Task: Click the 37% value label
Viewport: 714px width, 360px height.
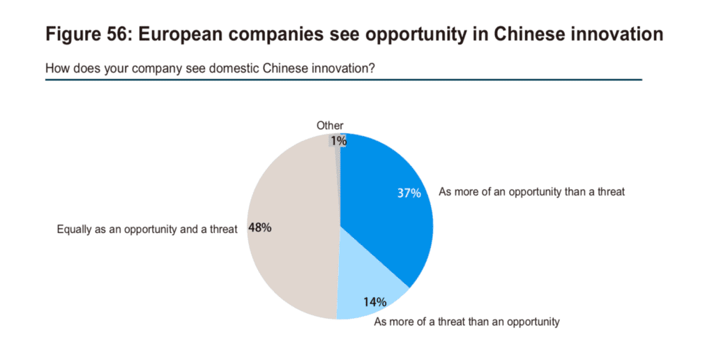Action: coord(409,193)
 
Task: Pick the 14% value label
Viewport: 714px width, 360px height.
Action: coord(374,301)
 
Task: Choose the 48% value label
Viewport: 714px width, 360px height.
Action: coord(260,227)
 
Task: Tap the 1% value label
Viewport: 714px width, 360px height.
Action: coord(339,141)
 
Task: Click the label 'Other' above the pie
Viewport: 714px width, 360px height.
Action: coord(330,126)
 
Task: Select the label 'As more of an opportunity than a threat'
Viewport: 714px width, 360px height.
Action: coord(532,192)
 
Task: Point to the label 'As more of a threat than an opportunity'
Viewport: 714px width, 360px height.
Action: coord(466,322)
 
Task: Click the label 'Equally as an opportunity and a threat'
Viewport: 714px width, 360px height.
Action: coord(147,229)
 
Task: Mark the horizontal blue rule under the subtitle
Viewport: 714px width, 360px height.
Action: coord(344,80)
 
